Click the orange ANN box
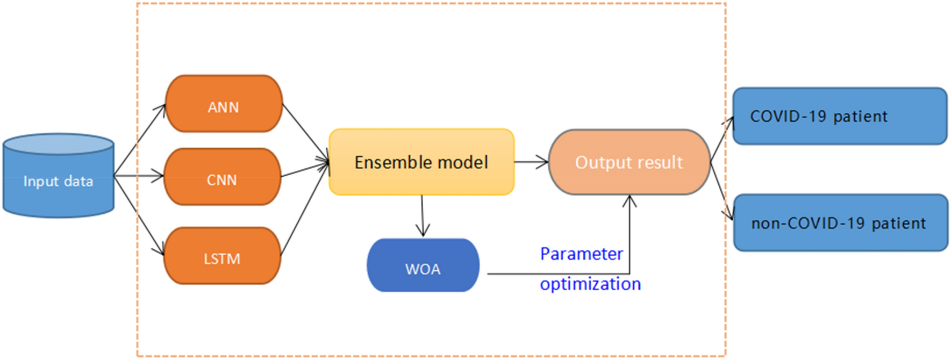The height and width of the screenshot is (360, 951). [224, 104]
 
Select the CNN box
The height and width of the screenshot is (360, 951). [222, 177]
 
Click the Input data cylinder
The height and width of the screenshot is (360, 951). [58, 177]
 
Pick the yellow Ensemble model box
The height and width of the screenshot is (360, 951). [421, 162]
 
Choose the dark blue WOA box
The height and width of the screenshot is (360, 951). [423, 265]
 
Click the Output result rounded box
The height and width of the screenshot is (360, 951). [629, 162]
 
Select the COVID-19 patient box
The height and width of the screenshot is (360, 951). [839, 116]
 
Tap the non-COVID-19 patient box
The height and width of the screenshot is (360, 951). [840, 222]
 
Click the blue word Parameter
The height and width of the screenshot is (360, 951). [581, 254]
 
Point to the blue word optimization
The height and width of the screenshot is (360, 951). [590, 284]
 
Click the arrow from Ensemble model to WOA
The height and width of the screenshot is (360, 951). [423, 215]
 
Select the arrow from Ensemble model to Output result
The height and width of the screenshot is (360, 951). [531, 162]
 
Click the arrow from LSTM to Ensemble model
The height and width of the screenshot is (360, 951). [304, 210]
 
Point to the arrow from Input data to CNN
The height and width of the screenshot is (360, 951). [139, 176]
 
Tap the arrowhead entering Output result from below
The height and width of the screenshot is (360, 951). [630, 201]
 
